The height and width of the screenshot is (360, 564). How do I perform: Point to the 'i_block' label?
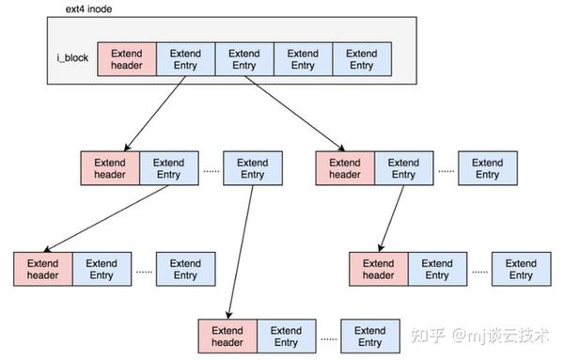point(73,59)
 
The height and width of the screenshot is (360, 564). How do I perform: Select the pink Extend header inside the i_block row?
point(126,59)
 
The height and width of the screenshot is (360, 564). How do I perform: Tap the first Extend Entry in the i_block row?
point(185,59)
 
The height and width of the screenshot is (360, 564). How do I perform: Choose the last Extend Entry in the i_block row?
point(361,59)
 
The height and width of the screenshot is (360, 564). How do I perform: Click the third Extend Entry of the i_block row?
point(303,59)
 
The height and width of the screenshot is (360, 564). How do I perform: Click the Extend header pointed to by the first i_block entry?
point(110,168)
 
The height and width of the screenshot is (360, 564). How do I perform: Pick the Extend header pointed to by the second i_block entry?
point(345,168)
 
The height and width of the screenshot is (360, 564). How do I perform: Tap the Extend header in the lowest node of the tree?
point(227,337)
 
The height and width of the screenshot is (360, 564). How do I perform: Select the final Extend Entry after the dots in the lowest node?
point(369,337)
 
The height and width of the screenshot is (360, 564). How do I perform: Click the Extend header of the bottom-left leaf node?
point(43,270)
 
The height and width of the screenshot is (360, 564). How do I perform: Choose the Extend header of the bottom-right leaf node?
point(378,270)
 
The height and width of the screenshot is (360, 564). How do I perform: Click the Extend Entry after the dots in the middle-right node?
point(487,168)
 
